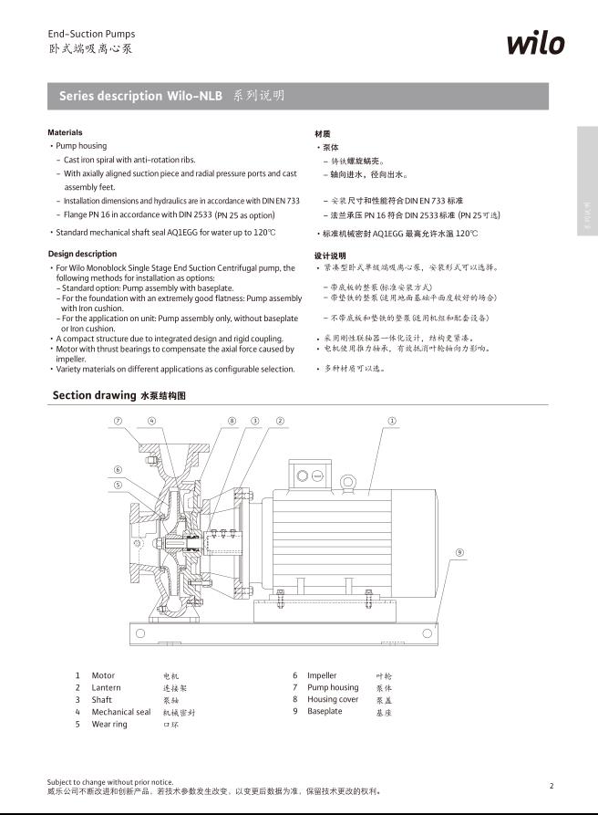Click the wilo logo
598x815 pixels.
535,42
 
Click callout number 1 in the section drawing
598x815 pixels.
391,422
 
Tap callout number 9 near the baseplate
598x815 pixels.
459,552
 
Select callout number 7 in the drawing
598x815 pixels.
119,422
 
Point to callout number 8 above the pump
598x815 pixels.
232,422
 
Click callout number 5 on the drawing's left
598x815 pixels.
119,485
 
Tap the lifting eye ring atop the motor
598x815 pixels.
347,483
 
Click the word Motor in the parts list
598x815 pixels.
103,676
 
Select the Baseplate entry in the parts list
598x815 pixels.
325,711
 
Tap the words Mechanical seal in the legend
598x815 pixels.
120,712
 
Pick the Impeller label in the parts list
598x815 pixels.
322,676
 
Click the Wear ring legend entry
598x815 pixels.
108,724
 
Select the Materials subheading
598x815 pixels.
65,133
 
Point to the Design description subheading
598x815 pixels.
82,254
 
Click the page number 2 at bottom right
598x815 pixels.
552,785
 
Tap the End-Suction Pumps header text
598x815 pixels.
91,34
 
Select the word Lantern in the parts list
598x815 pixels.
106,688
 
